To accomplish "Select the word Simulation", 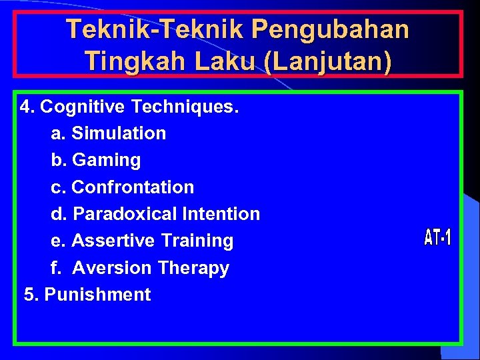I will click(x=119, y=133).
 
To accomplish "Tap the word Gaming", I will click(x=106, y=160).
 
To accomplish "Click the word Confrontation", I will click(x=133, y=187).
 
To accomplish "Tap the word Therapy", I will click(x=193, y=268).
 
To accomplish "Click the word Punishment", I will click(x=97, y=295).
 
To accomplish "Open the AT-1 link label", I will click(x=437, y=237).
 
